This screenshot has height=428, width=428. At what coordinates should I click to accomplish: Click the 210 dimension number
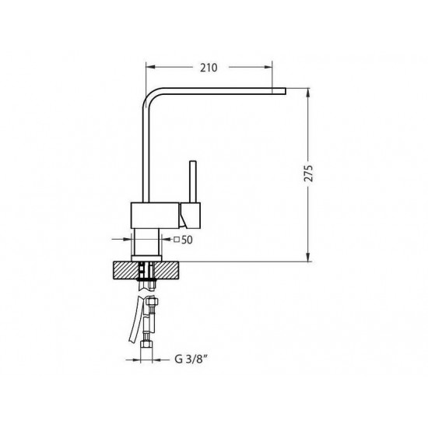[209, 68]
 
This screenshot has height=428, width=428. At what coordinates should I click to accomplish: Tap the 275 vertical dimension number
[308, 174]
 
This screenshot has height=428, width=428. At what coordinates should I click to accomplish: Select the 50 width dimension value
[187, 240]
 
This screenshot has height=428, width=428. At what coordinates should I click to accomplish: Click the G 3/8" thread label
[191, 360]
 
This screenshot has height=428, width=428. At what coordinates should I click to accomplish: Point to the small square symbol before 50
[177, 240]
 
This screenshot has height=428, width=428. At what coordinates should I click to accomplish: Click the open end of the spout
[285, 91]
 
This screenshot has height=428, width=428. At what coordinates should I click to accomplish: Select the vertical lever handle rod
[193, 182]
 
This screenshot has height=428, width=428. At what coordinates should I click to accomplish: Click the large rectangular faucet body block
[155, 216]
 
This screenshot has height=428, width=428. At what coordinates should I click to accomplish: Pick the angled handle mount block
[191, 216]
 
